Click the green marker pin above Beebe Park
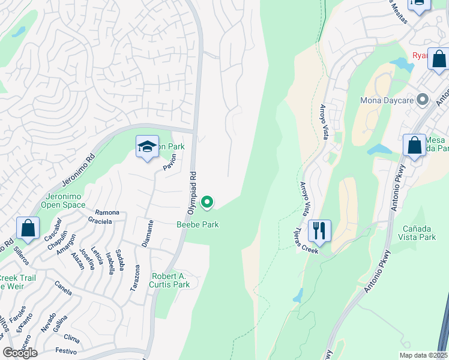207,203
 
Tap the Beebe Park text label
197,224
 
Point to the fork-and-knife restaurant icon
319,231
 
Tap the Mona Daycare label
387,100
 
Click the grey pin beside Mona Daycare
423,99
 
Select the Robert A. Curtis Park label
169,281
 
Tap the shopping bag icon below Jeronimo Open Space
28,229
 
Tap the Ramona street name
107,212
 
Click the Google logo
20,352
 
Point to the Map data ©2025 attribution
423,355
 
